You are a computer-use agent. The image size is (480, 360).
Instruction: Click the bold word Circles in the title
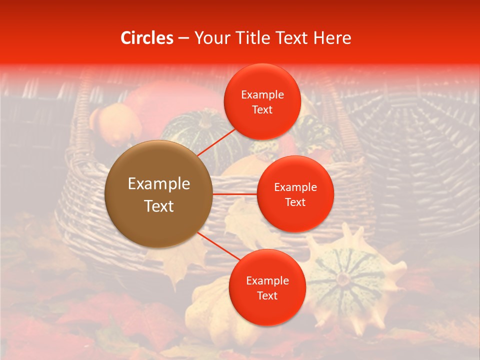click(x=147, y=38)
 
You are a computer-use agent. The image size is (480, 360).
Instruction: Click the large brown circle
click(x=159, y=194)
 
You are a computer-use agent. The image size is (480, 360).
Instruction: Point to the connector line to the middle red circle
click(x=235, y=193)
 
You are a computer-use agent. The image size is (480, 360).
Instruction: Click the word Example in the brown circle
click(x=159, y=184)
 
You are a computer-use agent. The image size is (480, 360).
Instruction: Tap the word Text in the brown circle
click(x=159, y=206)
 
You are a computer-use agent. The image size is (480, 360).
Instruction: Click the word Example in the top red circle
click(x=262, y=95)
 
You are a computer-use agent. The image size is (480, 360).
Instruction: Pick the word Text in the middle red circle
click(x=295, y=202)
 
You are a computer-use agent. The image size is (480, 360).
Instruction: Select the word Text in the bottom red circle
click(x=267, y=296)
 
